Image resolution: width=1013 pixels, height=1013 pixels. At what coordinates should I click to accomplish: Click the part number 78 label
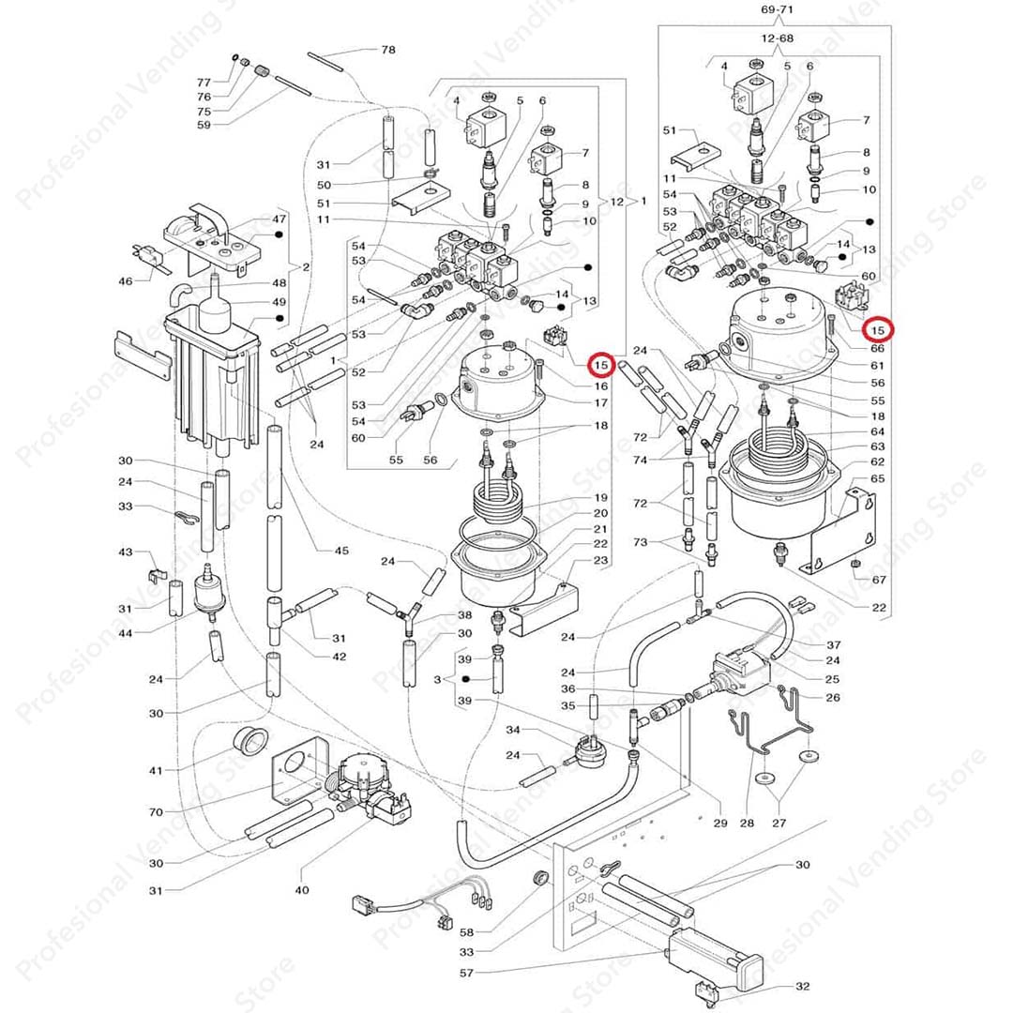coord(387,50)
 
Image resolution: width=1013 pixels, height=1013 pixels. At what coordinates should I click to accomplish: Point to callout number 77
coord(204,83)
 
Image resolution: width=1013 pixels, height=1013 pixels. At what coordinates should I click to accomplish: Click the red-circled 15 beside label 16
coord(601,364)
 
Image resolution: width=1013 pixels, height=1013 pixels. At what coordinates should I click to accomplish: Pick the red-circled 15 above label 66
coord(878,330)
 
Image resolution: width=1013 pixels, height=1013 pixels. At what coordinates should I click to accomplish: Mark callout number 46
coord(126,281)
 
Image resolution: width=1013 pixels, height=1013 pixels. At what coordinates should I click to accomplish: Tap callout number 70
coord(156,812)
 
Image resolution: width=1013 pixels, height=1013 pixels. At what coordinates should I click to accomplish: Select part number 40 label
coord(301,889)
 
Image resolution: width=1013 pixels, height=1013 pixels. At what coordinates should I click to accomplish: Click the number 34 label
coord(512,731)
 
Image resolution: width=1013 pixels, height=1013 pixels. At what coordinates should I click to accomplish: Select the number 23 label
coord(601,561)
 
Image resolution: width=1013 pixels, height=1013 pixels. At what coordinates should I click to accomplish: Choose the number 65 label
coord(878,478)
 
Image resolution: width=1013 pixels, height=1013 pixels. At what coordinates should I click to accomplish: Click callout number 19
coord(601,497)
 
